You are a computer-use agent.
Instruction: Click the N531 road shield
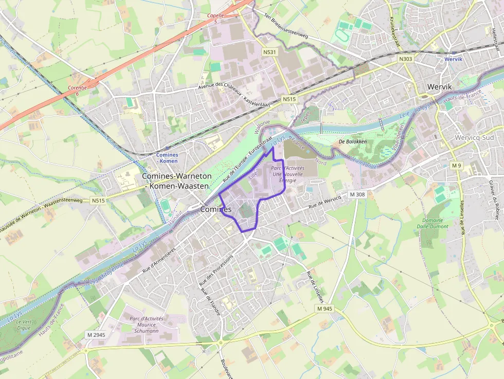[269, 52]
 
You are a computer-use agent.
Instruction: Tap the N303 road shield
[405, 60]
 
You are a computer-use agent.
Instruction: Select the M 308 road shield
[356, 194]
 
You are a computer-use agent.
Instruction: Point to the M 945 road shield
[325, 308]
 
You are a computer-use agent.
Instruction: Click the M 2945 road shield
[96, 335]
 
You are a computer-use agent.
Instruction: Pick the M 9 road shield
[456, 165]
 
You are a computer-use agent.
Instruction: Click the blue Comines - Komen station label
[167, 158]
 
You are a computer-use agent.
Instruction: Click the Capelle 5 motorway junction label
[215, 19]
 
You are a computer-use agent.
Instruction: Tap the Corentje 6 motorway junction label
[77, 91]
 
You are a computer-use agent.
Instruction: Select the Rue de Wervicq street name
[325, 202]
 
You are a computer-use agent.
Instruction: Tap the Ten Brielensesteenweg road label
[285, 28]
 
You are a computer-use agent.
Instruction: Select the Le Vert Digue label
[24, 324]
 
